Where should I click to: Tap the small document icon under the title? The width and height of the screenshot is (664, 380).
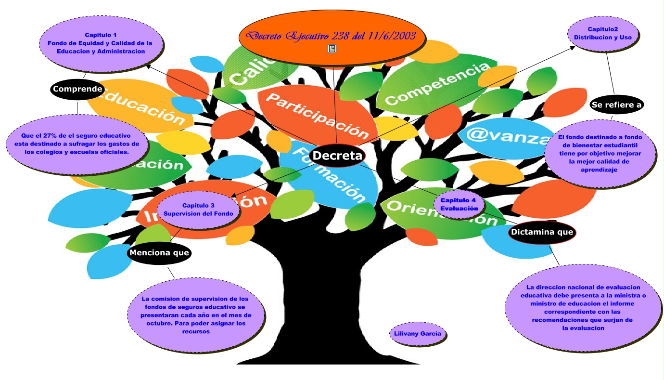pos(332,48)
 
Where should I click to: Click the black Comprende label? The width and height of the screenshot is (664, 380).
pos(77,89)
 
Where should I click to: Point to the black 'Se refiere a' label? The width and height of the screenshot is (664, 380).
pos(616,105)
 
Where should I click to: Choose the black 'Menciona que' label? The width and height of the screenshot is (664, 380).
pos(159,253)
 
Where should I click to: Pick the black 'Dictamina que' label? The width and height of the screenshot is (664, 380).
pos(542,232)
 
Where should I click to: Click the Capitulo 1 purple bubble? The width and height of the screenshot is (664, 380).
pos(101,43)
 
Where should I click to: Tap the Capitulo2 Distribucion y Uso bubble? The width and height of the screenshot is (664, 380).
pos(602,33)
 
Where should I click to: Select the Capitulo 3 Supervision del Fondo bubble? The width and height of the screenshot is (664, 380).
pos(198,210)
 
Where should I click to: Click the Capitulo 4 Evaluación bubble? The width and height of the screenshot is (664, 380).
pos(459,204)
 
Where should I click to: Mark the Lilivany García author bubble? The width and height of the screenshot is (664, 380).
pos(417,334)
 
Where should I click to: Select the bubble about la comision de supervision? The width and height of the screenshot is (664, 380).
pos(196,315)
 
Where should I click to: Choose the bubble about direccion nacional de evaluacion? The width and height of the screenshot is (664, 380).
pos(583,308)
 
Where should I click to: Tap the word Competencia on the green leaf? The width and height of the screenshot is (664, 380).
pos(437,83)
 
